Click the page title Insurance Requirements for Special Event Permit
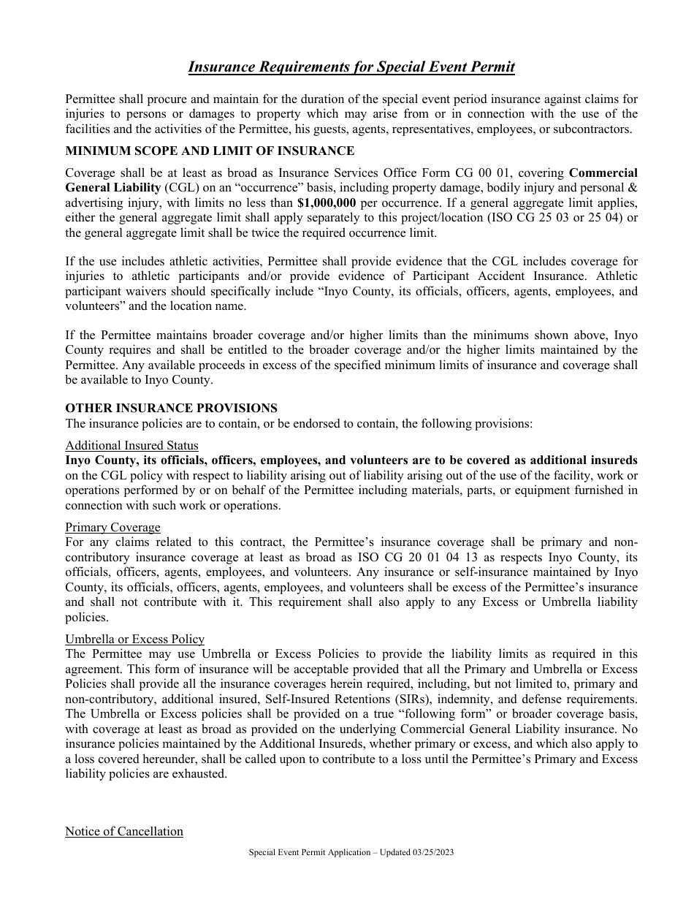[x=351, y=67]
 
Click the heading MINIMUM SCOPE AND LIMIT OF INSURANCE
[x=210, y=151]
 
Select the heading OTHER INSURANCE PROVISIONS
[x=171, y=409]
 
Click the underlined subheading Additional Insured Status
[x=131, y=446]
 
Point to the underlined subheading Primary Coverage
[x=113, y=528]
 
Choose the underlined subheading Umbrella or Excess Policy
[x=134, y=640]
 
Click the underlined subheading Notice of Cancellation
[x=124, y=832]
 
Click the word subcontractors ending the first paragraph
[x=590, y=129]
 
